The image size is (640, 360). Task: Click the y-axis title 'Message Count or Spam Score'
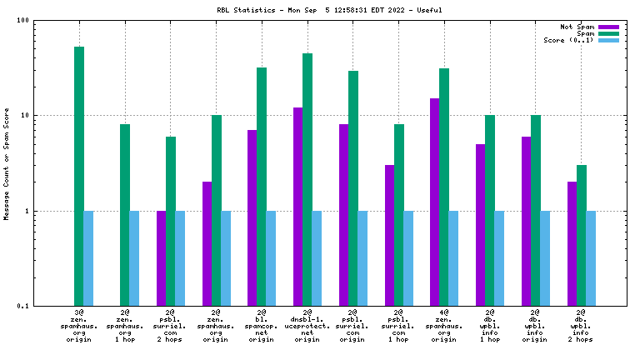click(7, 162)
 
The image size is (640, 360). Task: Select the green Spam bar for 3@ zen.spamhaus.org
click(79, 176)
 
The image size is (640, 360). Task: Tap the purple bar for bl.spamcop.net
click(252, 217)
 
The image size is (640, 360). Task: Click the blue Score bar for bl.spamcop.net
click(271, 258)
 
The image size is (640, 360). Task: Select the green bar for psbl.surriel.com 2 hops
click(171, 221)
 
